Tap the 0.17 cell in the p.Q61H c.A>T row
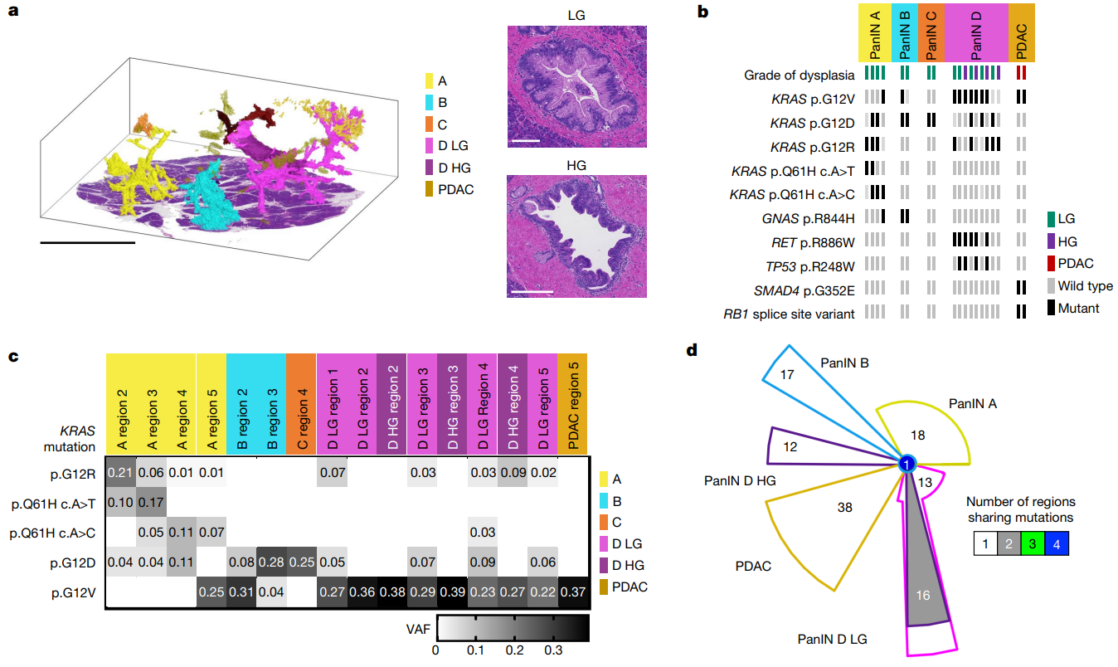coord(152,504)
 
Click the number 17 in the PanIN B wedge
coord(788,375)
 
